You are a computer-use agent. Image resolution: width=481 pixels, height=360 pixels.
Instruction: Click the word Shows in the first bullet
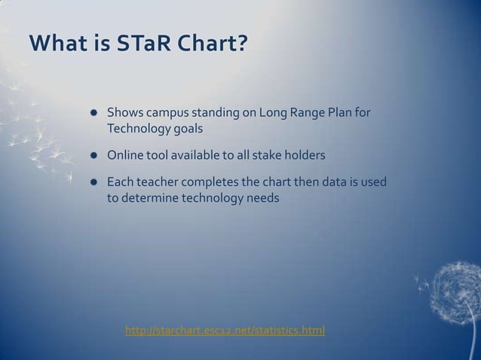124,114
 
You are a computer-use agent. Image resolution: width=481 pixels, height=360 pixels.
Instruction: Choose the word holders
305,156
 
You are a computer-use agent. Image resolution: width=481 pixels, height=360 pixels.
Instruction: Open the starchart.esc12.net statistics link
225,329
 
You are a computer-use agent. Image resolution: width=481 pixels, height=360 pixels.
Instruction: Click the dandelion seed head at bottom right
457,282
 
